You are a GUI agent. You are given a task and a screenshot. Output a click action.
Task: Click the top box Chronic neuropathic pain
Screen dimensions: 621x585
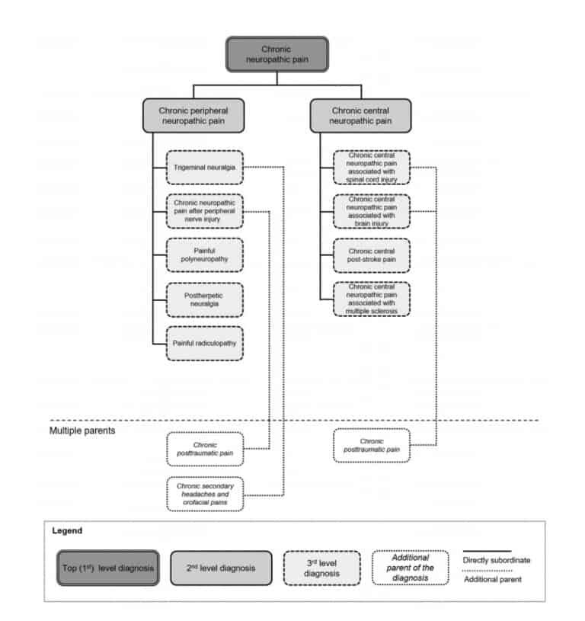pyautogui.click(x=277, y=53)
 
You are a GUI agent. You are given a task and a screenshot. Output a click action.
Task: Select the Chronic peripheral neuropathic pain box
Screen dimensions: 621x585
pyautogui.click(x=193, y=115)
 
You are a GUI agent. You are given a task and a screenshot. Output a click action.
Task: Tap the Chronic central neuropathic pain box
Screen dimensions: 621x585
pyautogui.click(x=360, y=115)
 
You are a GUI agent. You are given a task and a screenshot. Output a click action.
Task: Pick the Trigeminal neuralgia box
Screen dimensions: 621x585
pyautogui.click(x=204, y=167)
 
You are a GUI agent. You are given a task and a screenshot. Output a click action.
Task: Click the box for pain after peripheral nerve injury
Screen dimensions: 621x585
pyautogui.click(x=204, y=211)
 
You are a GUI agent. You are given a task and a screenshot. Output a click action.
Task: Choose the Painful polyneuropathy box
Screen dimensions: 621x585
pyautogui.click(x=204, y=255)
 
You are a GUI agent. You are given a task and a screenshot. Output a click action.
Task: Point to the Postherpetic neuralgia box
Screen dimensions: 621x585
pyautogui.click(x=204, y=299)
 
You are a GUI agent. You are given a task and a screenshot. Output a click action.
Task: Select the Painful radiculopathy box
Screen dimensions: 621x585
pyautogui.click(x=204, y=343)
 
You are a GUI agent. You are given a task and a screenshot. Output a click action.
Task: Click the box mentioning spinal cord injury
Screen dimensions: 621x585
pyautogui.click(x=371, y=167)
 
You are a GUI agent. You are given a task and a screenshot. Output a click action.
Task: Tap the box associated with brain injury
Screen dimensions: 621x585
pyautogui.click(x=371, y=211)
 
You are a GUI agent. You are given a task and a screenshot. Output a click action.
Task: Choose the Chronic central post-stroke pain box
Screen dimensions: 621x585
pyautogui.click(x=371, y=255)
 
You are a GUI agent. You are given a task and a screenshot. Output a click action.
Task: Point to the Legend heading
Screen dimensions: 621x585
pyautogui.click(x=67, y=530)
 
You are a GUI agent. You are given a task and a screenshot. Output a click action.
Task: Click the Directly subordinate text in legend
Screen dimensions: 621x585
pyautogui.click(x=496, y=559)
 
